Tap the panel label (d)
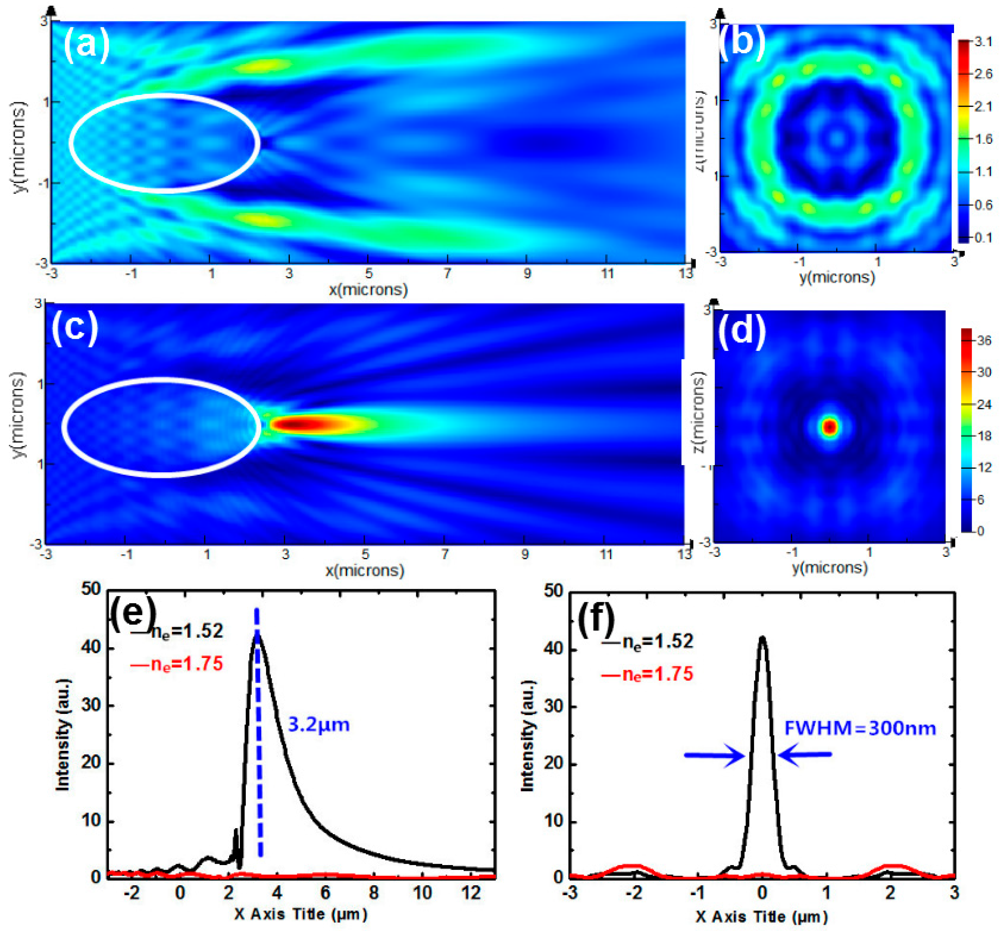pyautogui.click(x=741, y=330)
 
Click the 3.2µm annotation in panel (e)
pyautogui.click(x=318, y=724)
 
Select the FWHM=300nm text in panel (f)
pyautogui.click(x=860, y=728)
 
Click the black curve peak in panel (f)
pyautogui.click(x=762, y=639)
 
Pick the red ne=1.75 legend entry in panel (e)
pyautogui.click(x=177, y=664)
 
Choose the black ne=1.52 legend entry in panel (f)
pyautogui.click(x=648, y=641)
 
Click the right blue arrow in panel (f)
pyautogui.click(x=805, y=754)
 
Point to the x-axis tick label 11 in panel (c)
pyautogui.click(x=605, y=554)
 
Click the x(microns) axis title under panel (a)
pyautogui.click(x=368, y=290)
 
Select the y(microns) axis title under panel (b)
pyautogui.click(x=837, y=277)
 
